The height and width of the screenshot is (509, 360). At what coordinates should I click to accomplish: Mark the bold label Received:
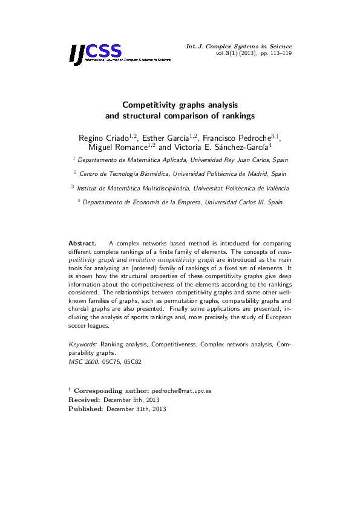point(85,400)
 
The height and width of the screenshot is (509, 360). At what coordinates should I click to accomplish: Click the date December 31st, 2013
point(136,409)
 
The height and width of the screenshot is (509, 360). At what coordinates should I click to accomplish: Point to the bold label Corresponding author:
point(111,391)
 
